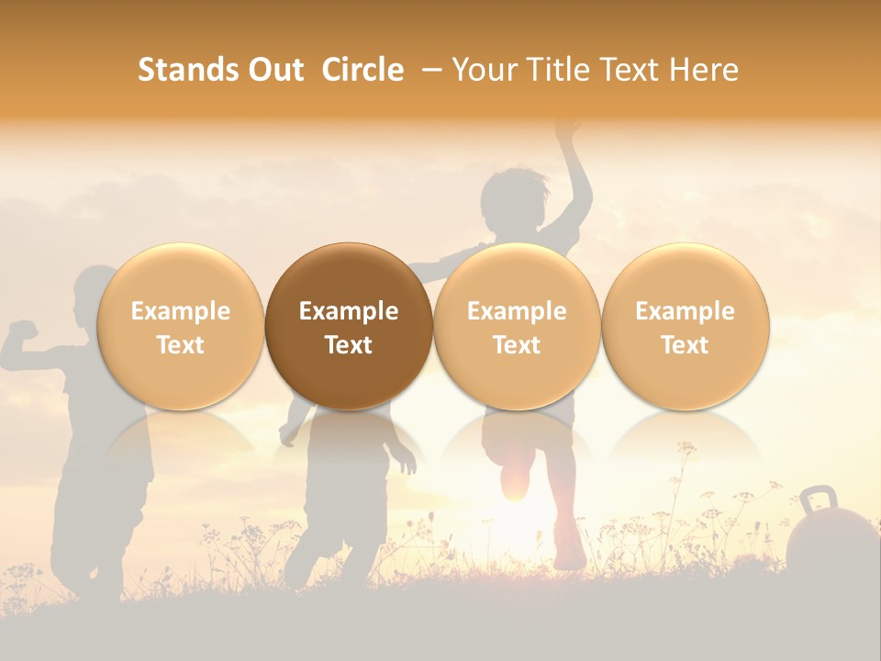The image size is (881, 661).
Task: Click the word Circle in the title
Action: [x=362, y=70]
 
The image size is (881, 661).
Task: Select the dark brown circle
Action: [x=349, y=326]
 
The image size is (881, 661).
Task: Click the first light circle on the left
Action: [x=180, y=326]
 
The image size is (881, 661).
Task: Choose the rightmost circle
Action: [x=685, y=326]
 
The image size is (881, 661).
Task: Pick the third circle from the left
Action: [x=517, y=326]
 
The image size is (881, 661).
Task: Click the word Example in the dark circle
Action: [x=349, y=311]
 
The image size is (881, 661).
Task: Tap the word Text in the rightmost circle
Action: [x=685, y=345]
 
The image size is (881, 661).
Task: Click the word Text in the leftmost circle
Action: [x=180, y=345]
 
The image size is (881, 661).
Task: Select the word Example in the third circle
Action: [x=517, y=311]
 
